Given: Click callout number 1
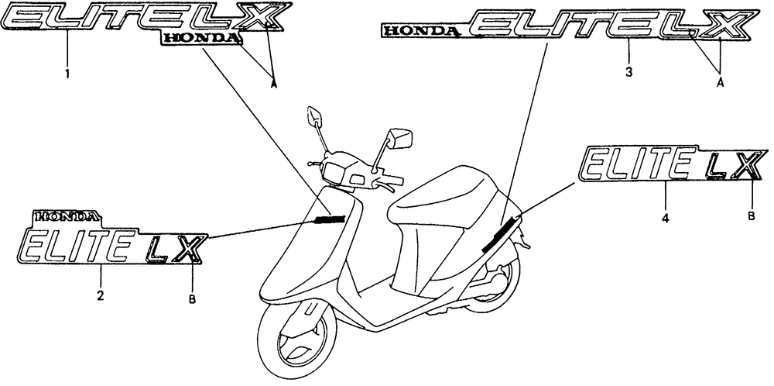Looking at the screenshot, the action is coord(67,74).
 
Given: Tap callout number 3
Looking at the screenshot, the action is coord(628,72).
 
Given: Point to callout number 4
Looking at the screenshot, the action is coord(666,219).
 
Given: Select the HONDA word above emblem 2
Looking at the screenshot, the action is coord(66,217).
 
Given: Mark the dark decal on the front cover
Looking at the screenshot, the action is coord(328,219).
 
